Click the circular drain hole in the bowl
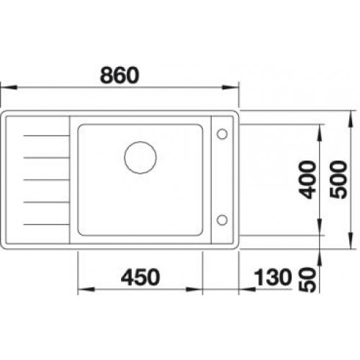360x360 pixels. tap(140, 156)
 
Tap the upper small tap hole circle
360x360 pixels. tap(221, 133)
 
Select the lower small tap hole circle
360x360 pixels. tap(221, 219)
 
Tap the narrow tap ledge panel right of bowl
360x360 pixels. tap(221, 176)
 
